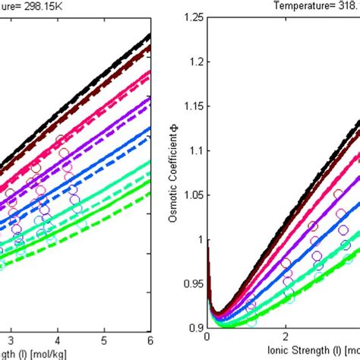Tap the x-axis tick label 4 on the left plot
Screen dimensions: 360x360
point(58,336)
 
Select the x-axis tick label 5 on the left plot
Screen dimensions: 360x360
point(104,336)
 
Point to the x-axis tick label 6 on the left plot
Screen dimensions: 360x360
point(150,336)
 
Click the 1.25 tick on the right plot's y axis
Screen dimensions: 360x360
point(194,17)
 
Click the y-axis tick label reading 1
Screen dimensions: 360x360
point(201,239)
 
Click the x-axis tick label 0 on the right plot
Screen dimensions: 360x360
point(208,336)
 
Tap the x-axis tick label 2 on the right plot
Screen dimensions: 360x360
point(286,336)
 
